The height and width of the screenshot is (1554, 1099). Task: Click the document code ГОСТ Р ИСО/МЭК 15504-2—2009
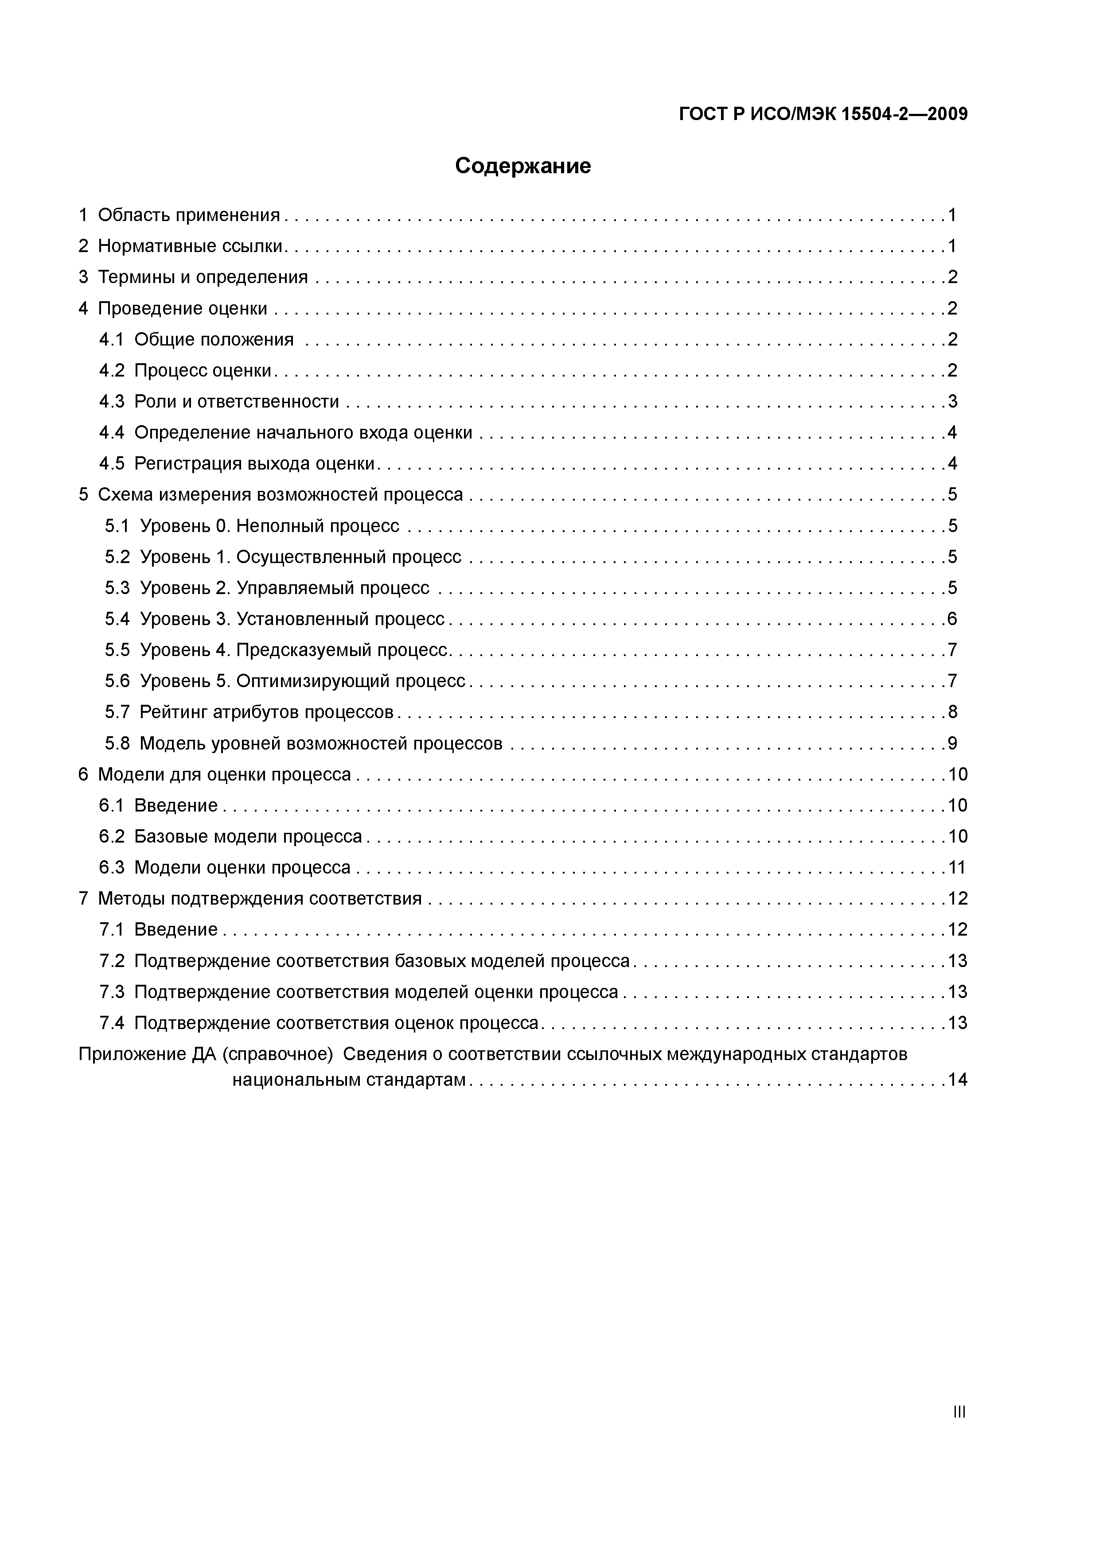click(x=823, y=114)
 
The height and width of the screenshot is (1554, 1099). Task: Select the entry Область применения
click(x=188, y=215)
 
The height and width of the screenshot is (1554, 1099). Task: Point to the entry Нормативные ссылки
click(x=190, y=246)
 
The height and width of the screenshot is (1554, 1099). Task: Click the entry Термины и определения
click(x=203, y=277)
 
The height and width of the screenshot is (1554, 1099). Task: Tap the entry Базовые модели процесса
click(x=248, y=836)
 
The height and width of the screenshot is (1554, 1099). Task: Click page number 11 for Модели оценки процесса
click(x=957, y=868)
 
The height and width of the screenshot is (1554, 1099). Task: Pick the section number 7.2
click(x=112, y=961)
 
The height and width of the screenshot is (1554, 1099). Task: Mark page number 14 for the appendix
click(x=957, y=1080)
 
